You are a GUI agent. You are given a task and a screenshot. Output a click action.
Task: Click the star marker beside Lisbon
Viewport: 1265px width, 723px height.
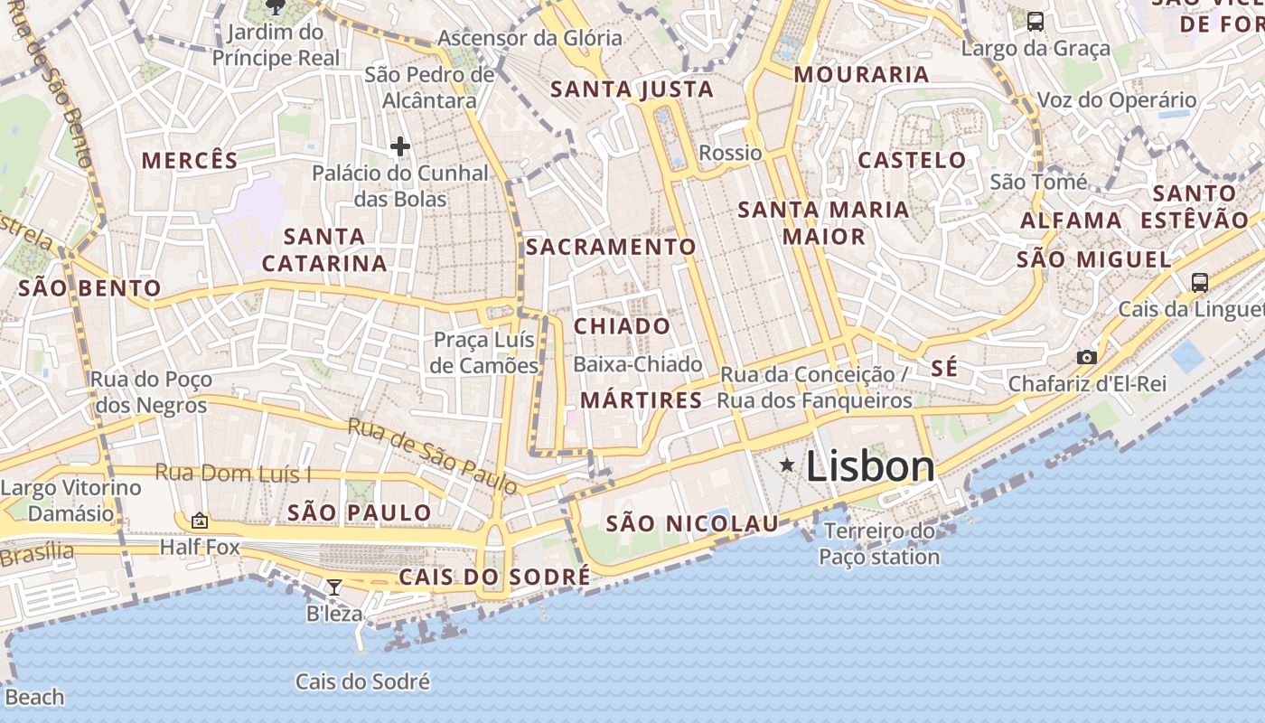(x=788, y=465)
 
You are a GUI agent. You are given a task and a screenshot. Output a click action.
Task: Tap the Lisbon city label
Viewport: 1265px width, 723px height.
(x=869, y=466)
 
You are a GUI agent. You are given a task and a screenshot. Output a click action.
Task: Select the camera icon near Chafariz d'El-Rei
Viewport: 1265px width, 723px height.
(x=1087, y=357)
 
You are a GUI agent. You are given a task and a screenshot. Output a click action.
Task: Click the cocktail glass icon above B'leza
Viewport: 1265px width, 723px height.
(x=333, y=587)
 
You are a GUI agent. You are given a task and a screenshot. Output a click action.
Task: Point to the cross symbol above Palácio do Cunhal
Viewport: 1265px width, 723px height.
(x=399, y=146)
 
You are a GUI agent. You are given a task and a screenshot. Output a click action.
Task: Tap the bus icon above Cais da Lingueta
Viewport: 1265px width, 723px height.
(x=1199, y=283)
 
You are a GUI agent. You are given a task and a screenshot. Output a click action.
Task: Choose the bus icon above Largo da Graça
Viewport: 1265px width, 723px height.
(x=1035, y=21)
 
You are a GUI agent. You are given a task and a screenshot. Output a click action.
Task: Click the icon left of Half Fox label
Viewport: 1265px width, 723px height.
(x=200, y=521)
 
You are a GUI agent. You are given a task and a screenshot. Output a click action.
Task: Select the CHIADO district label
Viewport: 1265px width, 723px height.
(x=623, y=326)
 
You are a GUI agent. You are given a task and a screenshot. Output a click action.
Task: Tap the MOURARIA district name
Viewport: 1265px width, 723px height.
(x=861, y=74)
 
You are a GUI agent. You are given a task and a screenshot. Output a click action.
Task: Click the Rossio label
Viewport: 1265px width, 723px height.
(x=730, y=153)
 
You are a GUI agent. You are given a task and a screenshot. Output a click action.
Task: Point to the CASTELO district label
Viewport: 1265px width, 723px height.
(x=912, y=160)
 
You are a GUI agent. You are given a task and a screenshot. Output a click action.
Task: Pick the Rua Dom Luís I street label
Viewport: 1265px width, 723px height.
(x=233, y=473)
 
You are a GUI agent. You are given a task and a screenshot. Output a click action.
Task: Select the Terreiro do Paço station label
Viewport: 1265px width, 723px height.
(x=879, y=543)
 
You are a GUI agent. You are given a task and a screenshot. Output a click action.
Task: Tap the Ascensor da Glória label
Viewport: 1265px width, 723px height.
(x=529, y=38)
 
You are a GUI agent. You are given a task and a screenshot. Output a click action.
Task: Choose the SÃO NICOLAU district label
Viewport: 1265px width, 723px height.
(x=692, y=523)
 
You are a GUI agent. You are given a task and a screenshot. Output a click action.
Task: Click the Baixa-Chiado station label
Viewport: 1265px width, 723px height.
(x=638, y=364)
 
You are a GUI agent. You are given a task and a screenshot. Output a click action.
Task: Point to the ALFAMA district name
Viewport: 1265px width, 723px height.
(x=1071, y=221)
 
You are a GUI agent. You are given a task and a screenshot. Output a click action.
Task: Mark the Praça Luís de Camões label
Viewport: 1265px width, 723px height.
(x=485, y=352)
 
